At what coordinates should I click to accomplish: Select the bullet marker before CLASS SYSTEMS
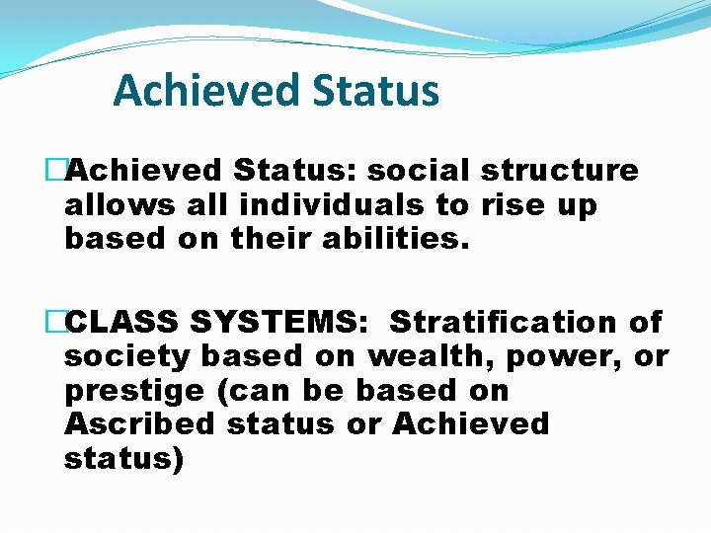54,322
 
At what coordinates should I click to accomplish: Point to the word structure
560,171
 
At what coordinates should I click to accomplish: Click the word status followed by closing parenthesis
121,460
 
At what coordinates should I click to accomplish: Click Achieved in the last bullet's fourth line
470,424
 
